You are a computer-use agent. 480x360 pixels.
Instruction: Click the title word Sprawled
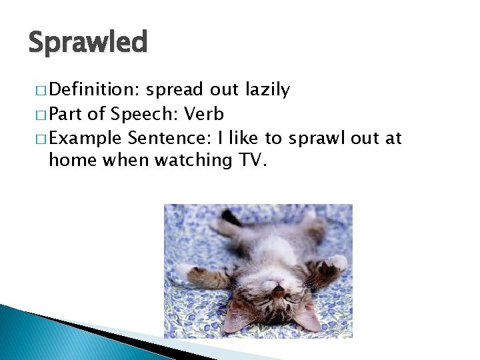pyautogui.click(x=87, y=42)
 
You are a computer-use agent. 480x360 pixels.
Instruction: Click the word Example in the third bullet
pyautogui.click(x=85, y=138)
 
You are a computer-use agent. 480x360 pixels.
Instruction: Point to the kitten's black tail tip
pyautogui.click(x=230, y=216)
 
